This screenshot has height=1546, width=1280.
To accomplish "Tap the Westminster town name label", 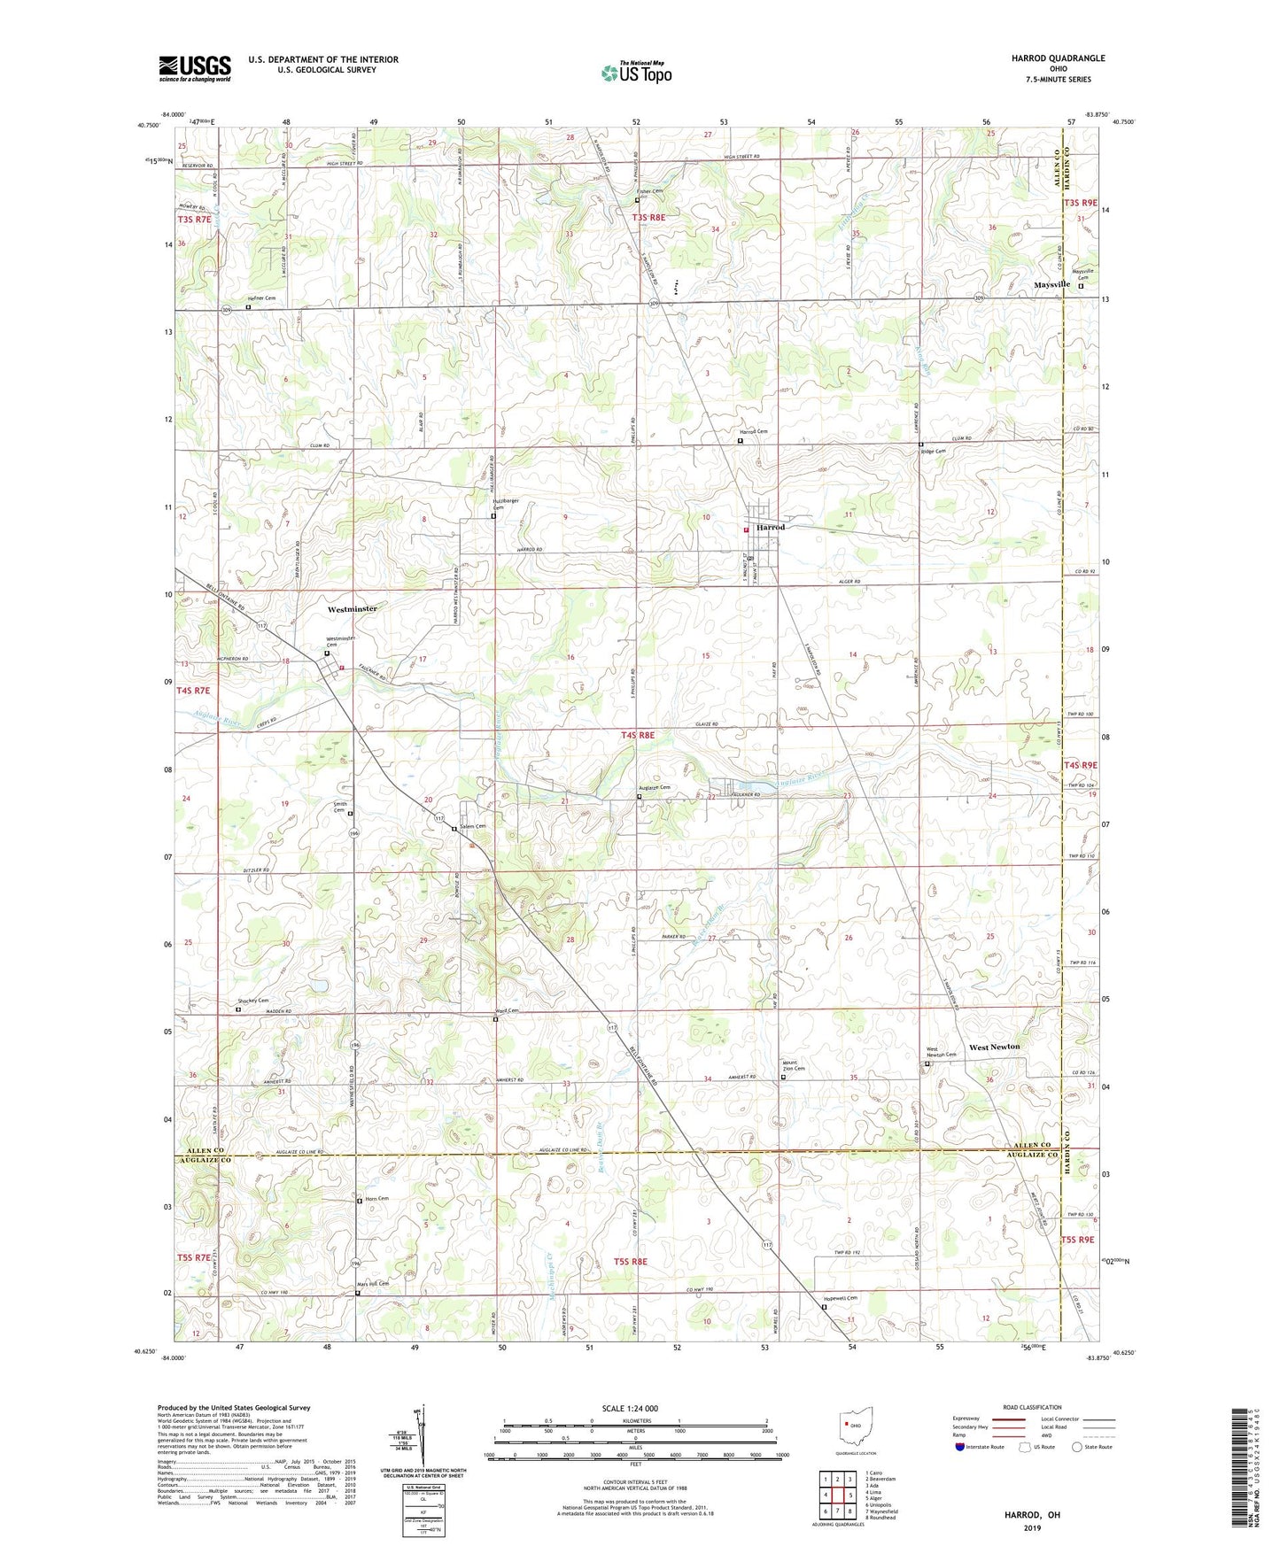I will click(352, 609).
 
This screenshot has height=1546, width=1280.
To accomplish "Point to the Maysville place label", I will click(1052, 284).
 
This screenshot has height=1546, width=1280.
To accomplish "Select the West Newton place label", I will click(994, 1047).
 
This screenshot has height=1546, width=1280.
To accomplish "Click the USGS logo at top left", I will click(195, 68).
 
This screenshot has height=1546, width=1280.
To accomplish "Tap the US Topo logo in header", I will click(636, 73).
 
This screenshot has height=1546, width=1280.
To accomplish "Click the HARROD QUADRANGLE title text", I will click(1058, 58).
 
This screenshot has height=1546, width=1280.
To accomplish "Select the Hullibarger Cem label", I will click(505, 504).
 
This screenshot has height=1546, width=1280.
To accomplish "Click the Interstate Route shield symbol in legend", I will click(959, 1447).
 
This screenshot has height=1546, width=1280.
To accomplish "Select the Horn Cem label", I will click(376, 1199).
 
